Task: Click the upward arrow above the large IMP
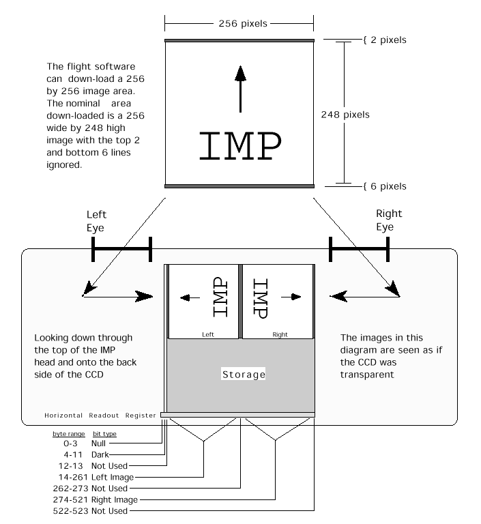coord(239,88)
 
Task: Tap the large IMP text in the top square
coord(239,145)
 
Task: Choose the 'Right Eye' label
coord(385,220)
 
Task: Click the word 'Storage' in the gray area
coord(244,375)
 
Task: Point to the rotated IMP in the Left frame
coord(219,297)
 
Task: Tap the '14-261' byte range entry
coord(65,477)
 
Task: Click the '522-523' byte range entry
coord(68,511)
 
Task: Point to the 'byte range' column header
coord(65,434)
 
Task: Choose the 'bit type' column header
coord(104,434)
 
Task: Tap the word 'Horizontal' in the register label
coord(63,416)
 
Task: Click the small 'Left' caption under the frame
coord(208,334)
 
